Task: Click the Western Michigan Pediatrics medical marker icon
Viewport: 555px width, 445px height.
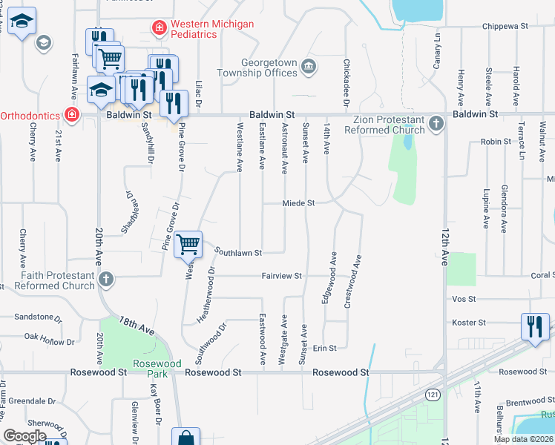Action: pos(158,29)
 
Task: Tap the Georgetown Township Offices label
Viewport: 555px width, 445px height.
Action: pos(256,68)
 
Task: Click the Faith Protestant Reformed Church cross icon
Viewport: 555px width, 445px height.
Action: pos(106,280)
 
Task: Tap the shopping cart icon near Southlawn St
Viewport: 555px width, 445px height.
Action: pos(188,243)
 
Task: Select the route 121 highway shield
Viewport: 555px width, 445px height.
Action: pos(431,395)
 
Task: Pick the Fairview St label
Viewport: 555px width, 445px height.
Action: pos(281,276)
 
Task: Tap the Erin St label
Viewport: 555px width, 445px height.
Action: pos(324,348)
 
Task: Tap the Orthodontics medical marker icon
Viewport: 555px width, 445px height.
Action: pos(72,115)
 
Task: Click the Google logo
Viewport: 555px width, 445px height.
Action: pos(25,436)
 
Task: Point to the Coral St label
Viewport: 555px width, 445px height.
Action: pos(542,274)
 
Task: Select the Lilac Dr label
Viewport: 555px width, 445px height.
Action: pos(199,93)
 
